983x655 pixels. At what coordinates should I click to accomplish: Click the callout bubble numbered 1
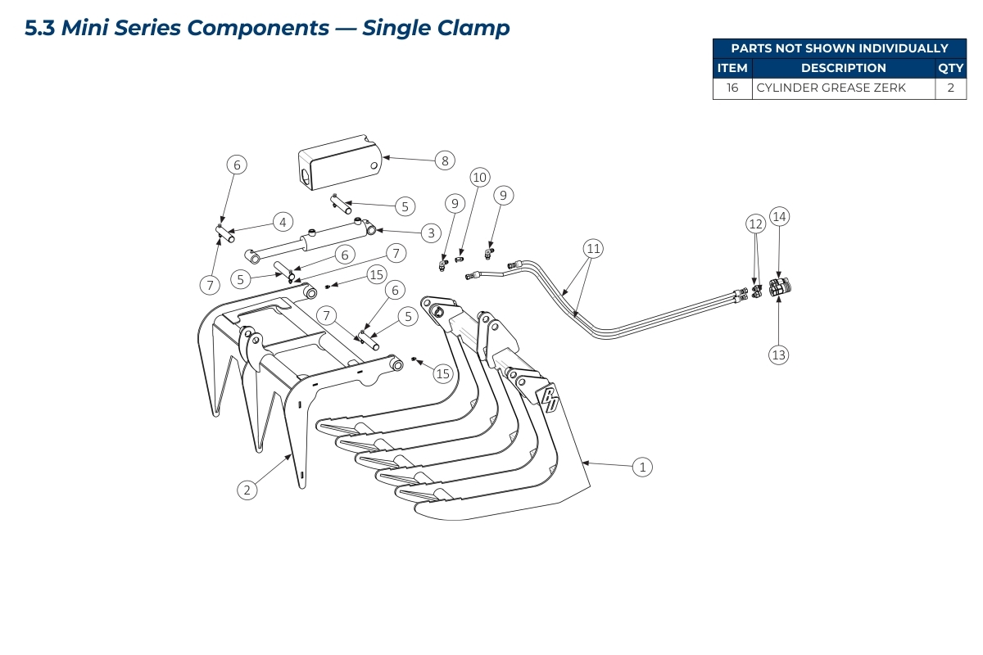point(643,467)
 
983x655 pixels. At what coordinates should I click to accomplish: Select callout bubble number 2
point(247,490)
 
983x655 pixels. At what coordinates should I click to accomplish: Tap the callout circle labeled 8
point(445,160)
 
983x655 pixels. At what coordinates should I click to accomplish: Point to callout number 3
point(431,233)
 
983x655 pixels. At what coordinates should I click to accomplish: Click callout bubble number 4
point(282,222)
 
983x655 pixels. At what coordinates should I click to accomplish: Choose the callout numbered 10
point(479,177)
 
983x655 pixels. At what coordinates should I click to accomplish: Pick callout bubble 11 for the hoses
point(593,247)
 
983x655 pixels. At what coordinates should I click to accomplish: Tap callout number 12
point(755,223)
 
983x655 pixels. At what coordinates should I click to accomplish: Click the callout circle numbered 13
point(778,355)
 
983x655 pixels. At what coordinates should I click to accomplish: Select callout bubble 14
point(779,216)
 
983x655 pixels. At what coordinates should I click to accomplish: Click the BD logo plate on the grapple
point(547,398)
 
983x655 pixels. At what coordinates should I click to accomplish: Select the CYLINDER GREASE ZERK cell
point(843,88)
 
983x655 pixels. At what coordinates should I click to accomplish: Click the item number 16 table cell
point(732,88)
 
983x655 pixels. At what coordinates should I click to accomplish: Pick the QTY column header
point(950,69)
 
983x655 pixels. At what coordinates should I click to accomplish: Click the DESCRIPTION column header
point(843,69)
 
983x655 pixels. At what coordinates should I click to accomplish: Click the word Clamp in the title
point(475,28)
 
